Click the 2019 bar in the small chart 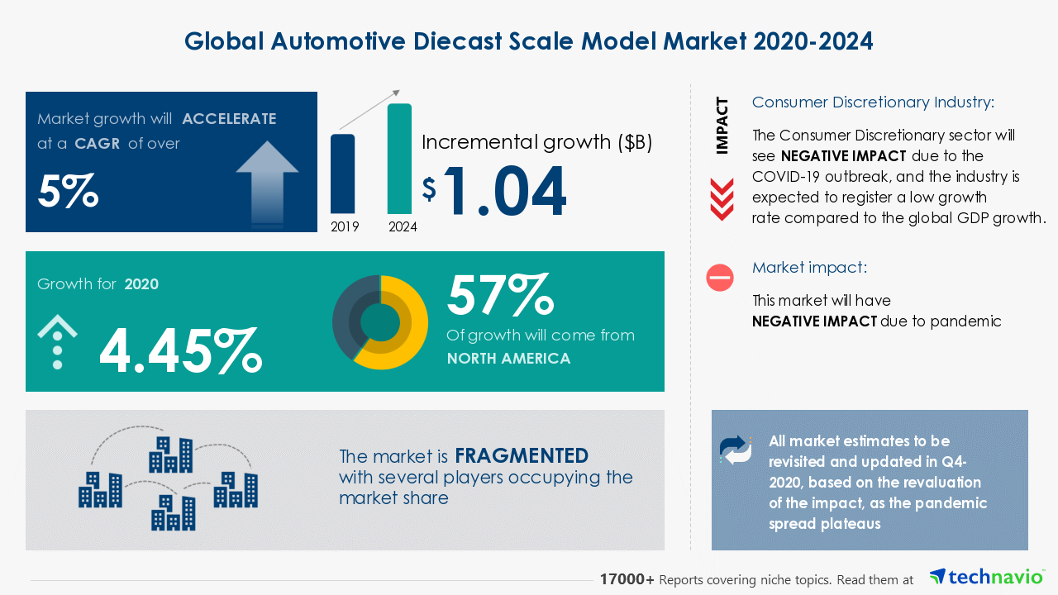[342, 174]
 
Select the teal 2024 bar [399, 159]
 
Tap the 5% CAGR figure [68, 191]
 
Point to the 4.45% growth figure [180, 350]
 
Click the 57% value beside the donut [499, 295]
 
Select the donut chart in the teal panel [380, 322]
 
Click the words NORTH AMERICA [508, 359]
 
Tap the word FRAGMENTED [522, 455]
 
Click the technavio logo [986, 577]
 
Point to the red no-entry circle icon [720, 278]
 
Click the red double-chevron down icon [722, 200]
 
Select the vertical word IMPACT [722, 126]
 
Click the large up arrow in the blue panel [267, 180]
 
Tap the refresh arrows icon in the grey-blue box [736, 450]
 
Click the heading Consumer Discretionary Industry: [873, 102]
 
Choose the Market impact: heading [809, 268]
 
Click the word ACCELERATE [229, 119]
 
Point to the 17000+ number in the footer [627, 579]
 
